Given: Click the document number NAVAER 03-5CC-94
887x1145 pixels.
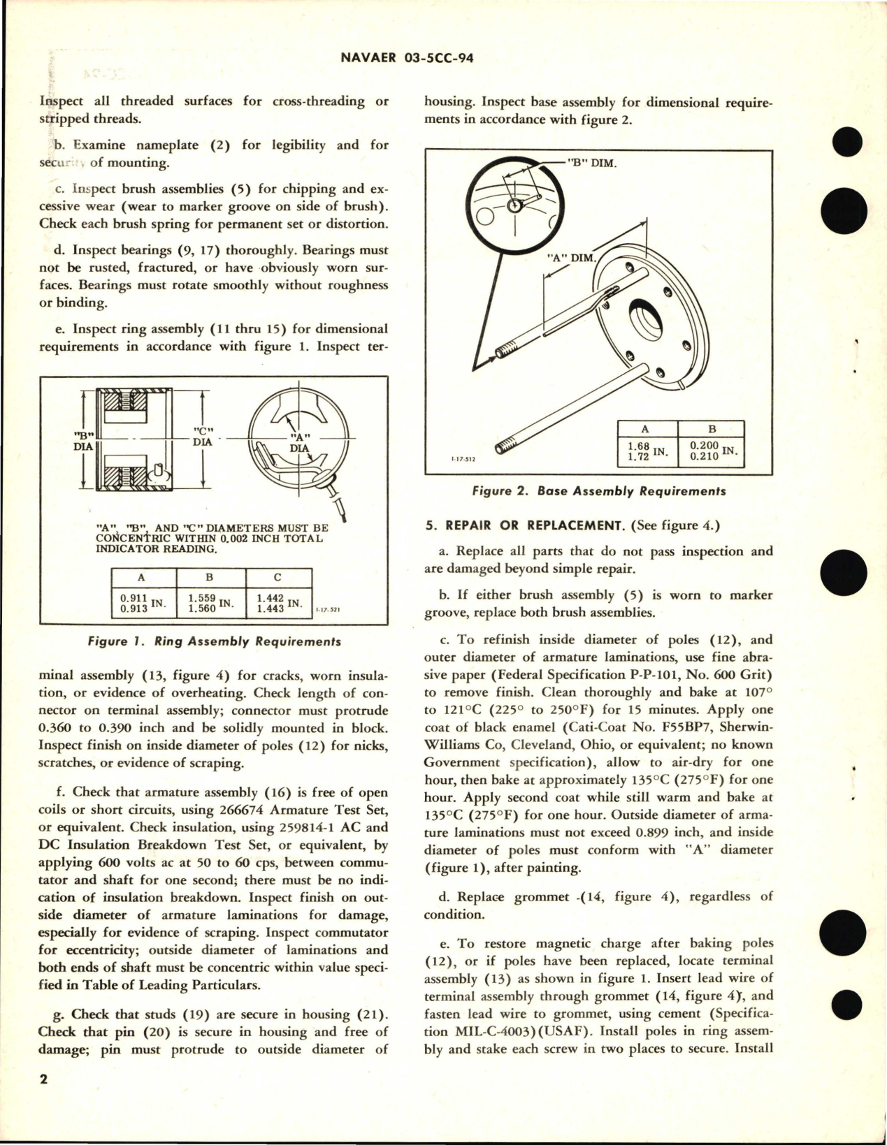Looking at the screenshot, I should pyautogui.click(x=443, y=59).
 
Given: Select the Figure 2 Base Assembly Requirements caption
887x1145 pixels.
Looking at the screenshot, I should pyautogui.click(x=599, y=491).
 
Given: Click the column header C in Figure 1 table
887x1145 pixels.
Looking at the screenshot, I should pyautogui.click(x=278, y=577).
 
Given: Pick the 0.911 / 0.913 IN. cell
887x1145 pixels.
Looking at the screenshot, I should pyautogui.click(x=143, y=603).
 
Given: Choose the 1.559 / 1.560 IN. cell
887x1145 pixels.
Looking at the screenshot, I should pyautogui.click(x=210, y=603).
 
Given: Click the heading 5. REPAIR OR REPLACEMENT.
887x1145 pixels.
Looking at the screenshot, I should pyautogui.click(x=526, y=525).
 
